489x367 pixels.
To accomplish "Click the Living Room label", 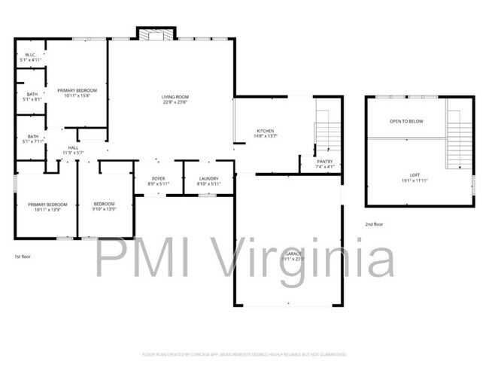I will [x=175, y=99].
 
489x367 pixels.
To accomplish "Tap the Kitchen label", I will [x=265, y=133].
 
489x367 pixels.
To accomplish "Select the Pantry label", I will [x=324, y=163].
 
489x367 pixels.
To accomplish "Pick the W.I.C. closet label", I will [x=30, y=57].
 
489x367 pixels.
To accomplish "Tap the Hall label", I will [x=73, y=150].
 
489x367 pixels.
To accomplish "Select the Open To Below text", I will [x=405, y=121].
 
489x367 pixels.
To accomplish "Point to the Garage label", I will [x=292, y=256].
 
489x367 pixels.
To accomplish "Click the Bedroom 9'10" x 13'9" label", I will [x=104, y=207].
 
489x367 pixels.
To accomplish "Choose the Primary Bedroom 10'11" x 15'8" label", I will [x=78, y=93].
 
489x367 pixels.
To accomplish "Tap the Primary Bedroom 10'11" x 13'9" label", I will [x=47, y=207].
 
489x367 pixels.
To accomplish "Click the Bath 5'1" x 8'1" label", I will [x=31, y=96].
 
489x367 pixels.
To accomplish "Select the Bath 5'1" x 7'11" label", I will [x=31, y=138].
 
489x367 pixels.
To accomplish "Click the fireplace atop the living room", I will [x=156, y=33].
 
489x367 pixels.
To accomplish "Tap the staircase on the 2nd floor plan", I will [x=458, y=139].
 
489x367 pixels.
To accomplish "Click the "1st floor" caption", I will [x=23, y=256].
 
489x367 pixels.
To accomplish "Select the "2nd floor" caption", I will [x=373, y=224].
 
